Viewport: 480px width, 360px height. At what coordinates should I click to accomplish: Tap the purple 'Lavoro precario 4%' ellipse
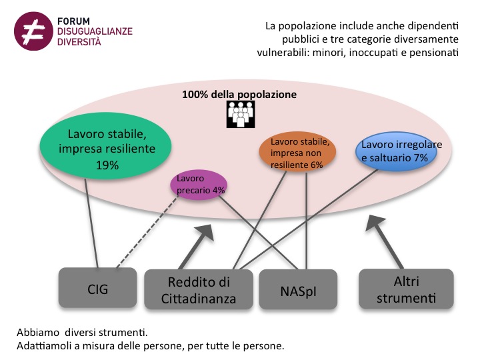point(199,185)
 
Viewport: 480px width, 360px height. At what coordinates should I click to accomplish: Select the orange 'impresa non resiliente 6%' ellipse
point(298,153)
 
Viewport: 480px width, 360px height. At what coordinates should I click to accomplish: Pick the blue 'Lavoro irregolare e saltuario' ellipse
point(396,151)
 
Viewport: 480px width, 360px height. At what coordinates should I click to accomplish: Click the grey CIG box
point(97,289)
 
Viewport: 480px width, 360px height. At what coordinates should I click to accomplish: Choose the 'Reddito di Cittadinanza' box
point(198,289)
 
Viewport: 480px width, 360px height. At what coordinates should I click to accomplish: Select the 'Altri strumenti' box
point(406,289)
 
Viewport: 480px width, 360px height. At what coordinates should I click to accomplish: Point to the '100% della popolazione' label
point(239,95)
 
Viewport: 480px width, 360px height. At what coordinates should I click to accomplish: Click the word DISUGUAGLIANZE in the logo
point(95,31)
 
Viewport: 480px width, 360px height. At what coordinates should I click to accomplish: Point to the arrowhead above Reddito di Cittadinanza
point(205,232)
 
